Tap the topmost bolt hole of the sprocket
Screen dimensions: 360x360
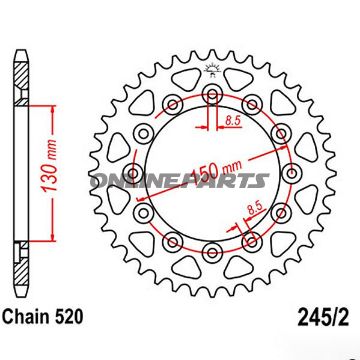[212, 96]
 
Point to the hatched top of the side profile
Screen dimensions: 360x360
[19, 75]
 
